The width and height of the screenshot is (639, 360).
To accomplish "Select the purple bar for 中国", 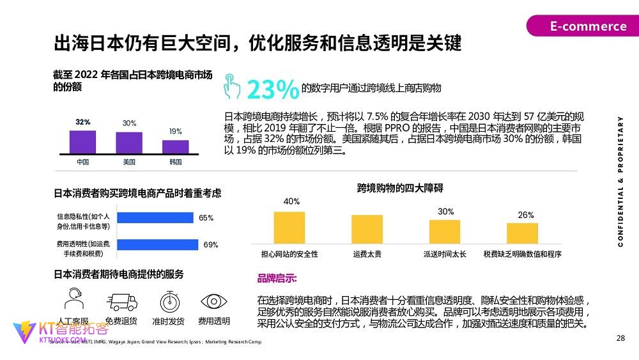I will (x=82, y=141).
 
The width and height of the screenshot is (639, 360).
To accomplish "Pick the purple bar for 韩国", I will (x=176, y=146).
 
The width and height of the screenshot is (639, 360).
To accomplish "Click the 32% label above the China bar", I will (x=82, y=122).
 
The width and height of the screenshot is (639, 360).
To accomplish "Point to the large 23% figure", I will (x=272, y=90).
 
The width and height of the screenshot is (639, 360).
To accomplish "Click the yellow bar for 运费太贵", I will (x=367, y=228).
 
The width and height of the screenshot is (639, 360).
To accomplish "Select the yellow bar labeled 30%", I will (x=445, y=231).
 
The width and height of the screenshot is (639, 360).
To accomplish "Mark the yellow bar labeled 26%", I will (x=522, y=233).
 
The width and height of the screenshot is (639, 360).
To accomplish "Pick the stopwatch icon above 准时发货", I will (x=169, y=301).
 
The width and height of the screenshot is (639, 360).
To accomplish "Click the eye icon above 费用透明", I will (x=214, y=301).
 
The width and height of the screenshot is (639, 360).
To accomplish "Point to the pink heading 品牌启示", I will (x=277, y=279).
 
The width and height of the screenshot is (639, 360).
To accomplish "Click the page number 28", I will (x=620, y=338).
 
